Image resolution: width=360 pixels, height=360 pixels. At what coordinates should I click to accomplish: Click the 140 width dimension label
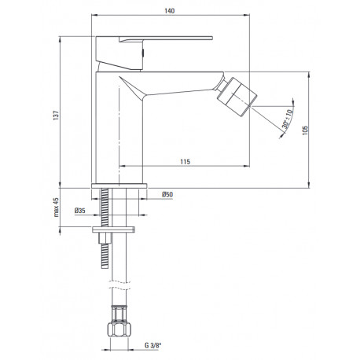tap(170, 11)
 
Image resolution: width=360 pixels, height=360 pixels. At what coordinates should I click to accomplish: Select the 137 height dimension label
tap(56, 116)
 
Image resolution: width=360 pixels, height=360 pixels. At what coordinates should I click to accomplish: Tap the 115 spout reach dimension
tap(185, 162)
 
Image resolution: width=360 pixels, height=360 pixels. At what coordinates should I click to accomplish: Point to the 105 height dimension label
tap(305, 130)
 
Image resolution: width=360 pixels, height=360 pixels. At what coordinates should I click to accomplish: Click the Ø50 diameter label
tap(167, 194)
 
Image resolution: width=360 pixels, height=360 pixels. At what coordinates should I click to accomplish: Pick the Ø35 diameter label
tap(80, 210)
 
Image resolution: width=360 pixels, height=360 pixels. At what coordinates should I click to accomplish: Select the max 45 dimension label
tap(56, 208)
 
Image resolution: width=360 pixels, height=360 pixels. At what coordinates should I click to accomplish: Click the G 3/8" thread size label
tap(152, 345)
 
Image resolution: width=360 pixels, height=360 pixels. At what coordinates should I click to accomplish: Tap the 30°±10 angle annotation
tap(287, 119)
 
